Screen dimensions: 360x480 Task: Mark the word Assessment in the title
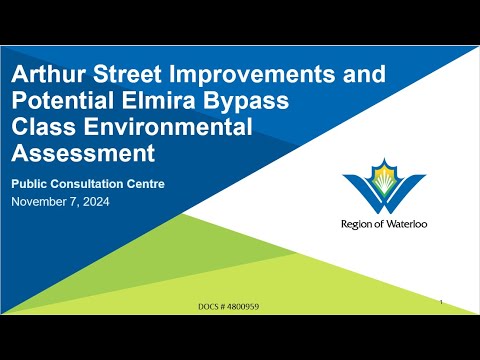(83, 155)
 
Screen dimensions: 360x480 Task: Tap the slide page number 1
(441, 299)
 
